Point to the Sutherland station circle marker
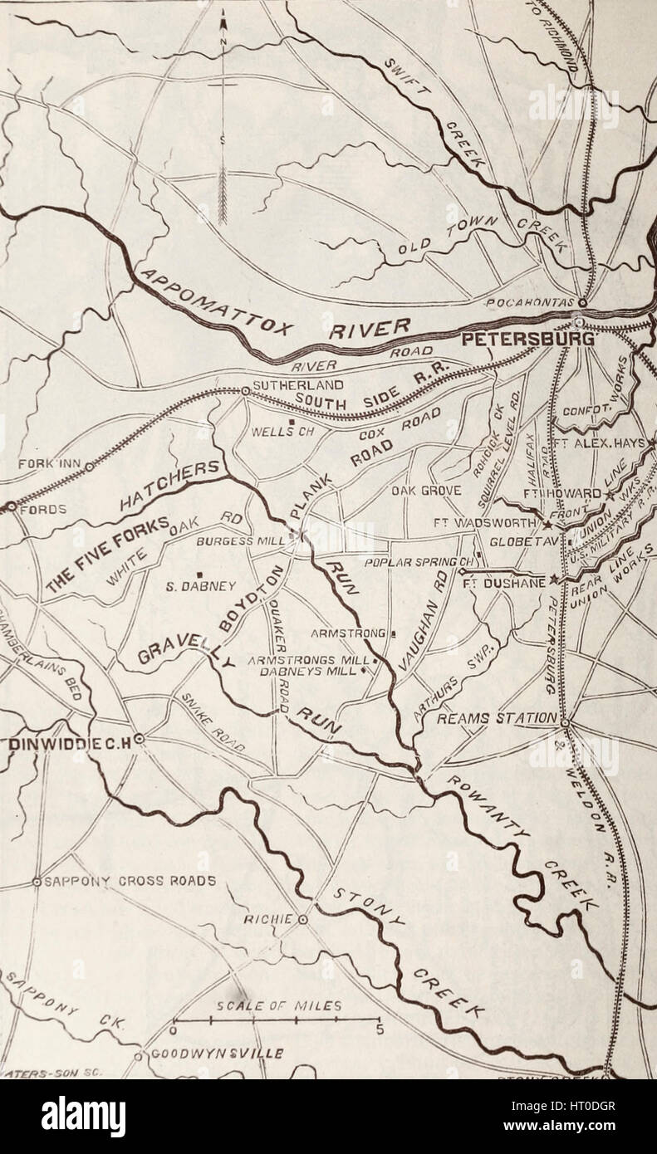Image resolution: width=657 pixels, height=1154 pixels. (245, 390)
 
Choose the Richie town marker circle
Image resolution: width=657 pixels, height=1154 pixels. (303, 919)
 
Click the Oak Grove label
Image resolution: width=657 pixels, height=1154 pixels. (426, 491)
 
